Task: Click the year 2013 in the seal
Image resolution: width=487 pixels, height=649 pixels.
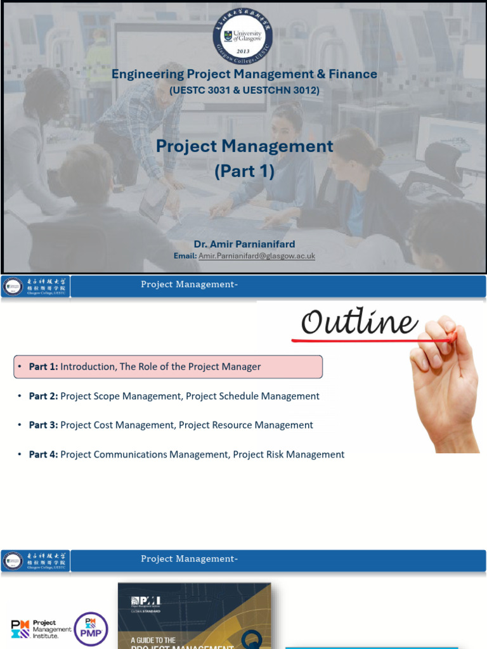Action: [243, 51]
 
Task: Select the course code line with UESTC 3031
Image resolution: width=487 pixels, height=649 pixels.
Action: [244, 91]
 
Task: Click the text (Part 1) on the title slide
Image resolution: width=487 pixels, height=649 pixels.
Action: [244, 171]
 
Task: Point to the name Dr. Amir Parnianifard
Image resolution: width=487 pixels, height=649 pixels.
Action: [244, 244]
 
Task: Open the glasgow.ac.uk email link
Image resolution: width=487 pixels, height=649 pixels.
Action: [257, 255]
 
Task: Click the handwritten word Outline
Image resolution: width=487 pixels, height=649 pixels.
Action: [359, 323]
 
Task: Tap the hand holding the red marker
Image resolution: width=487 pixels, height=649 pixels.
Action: [444, 380]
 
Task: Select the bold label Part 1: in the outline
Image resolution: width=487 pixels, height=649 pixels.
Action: [44, 366]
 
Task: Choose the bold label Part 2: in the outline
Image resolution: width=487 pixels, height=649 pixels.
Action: [44, 396]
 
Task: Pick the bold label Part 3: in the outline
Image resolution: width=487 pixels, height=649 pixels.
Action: [44, 425]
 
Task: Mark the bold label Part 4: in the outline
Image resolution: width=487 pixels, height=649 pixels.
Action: [44, 454]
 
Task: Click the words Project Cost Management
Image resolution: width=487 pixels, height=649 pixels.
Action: [117, 425]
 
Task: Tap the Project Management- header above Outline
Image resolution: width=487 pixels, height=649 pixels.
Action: [189, 285]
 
